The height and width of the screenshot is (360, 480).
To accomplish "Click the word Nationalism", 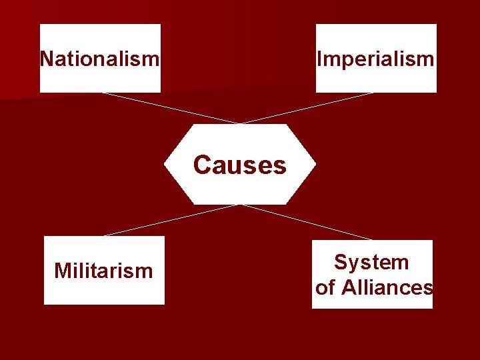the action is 100,59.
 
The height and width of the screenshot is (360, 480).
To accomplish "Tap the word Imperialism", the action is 376,59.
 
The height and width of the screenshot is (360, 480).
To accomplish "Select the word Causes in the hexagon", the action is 240,165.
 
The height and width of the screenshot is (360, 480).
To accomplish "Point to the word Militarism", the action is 103,271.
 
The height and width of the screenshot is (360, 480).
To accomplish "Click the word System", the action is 371,262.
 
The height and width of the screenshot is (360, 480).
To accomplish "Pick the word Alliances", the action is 387,287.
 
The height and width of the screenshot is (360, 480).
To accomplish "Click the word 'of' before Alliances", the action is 325,287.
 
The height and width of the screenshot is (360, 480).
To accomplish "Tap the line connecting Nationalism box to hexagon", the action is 170,108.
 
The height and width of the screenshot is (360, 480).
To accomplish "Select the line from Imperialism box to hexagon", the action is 307,108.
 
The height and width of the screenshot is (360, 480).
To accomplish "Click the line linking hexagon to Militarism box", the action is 170,221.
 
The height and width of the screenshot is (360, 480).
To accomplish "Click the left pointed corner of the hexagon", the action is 165,164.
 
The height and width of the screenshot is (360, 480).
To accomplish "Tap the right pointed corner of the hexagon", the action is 315,164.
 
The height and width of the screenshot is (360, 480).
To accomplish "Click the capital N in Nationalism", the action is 47,59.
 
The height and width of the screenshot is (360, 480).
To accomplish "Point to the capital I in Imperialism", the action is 320,59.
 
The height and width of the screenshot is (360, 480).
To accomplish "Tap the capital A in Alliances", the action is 348,287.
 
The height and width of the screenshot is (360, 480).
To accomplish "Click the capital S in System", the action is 340,262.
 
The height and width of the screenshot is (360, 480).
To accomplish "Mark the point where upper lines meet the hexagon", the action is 240,123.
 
